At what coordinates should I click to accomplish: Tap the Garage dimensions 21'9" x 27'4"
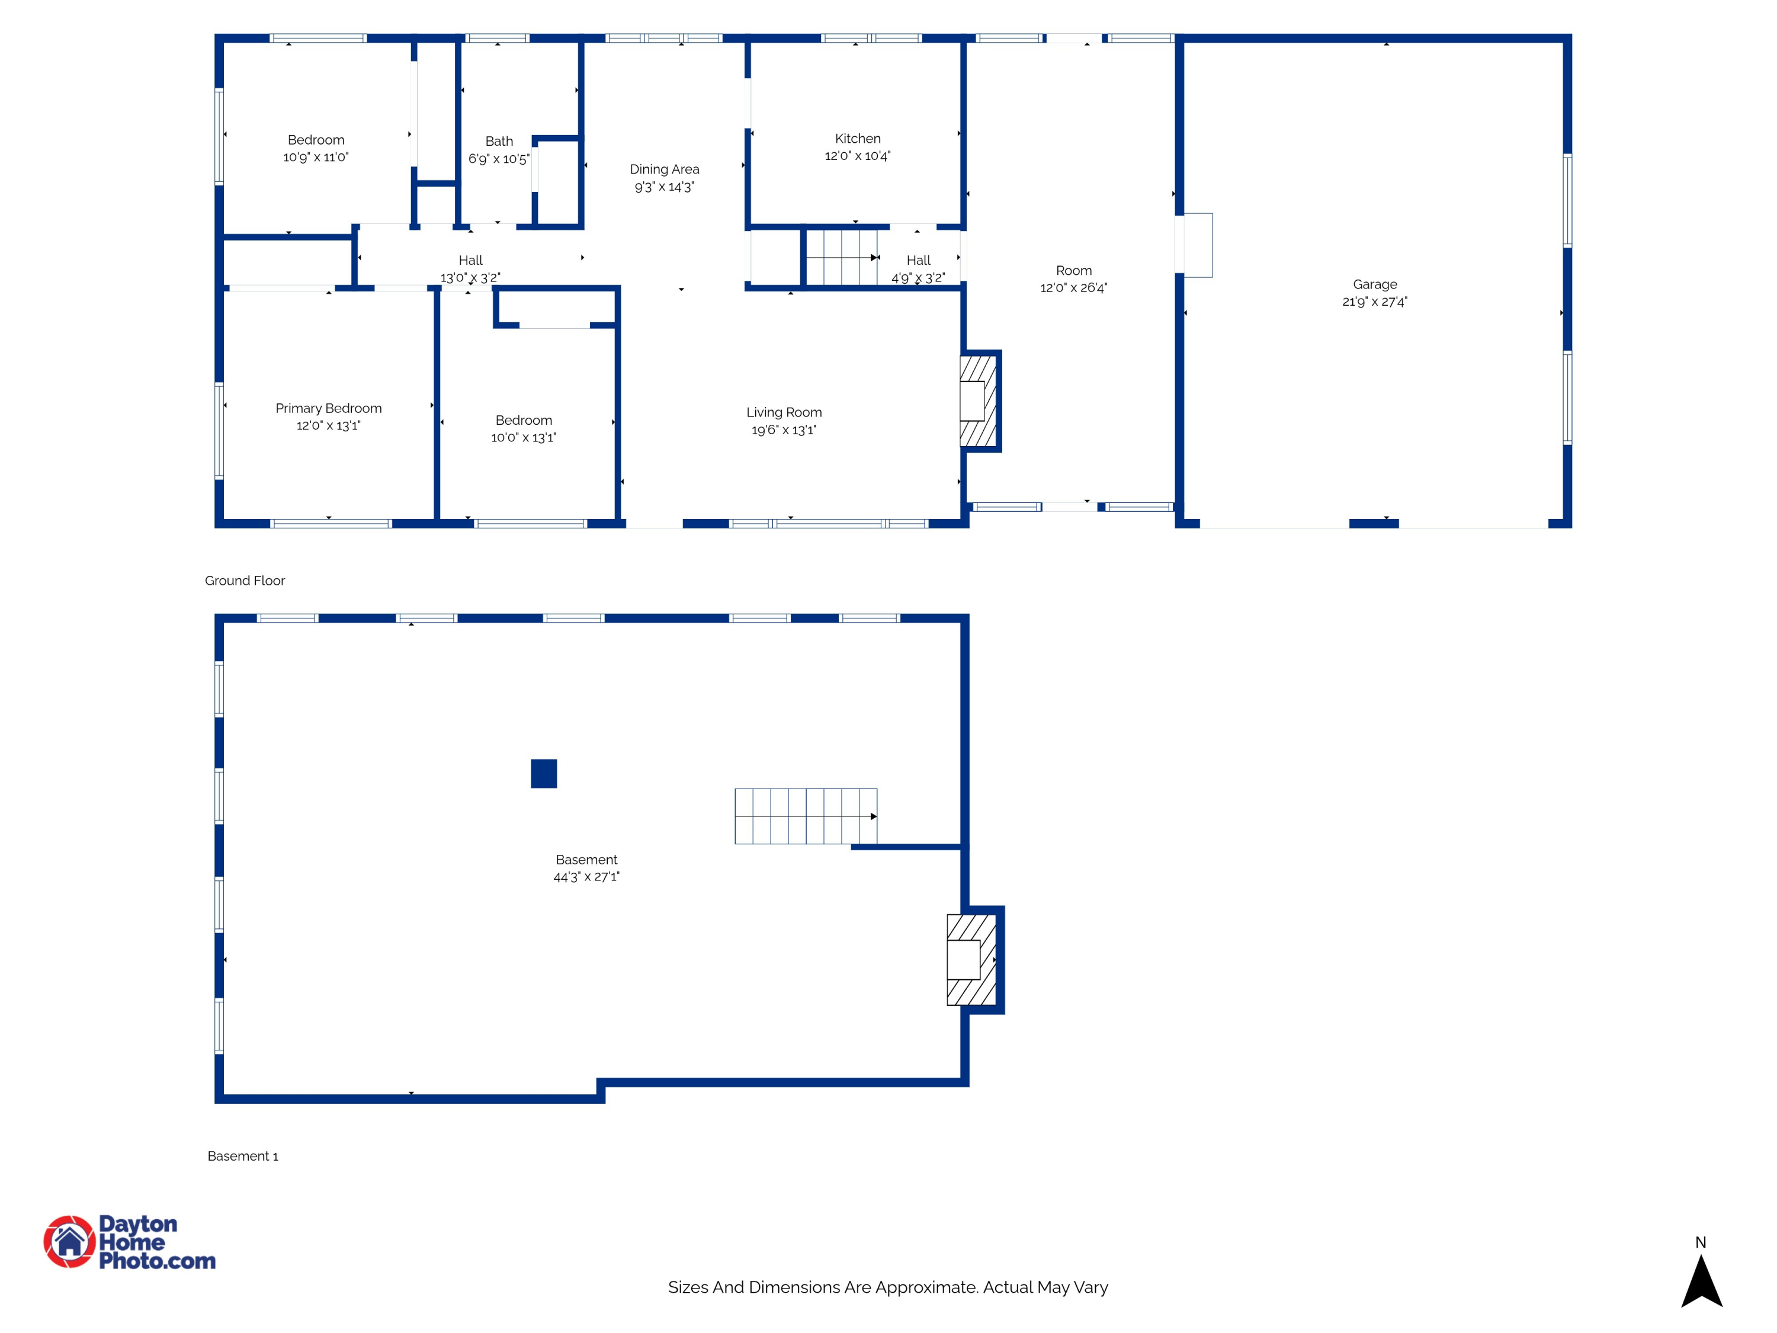[x=1375, y=302]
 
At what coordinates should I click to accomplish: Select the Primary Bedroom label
[x=329, y=408]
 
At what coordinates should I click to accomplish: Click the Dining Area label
[x=665, y=169]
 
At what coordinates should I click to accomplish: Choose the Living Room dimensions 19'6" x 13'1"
[x=783, y=430]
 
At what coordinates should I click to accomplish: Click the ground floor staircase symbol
[x=841, y=257]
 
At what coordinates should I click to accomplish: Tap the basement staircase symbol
[x=805, y=816]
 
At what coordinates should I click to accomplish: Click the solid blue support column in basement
[x=544, y=773]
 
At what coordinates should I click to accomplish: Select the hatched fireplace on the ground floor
[x=978, y=401]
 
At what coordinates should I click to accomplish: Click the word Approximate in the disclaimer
[x=926, y=1287]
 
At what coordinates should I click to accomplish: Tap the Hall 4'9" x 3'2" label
[x=918, y=269]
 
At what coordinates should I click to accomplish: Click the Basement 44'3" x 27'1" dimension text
[x=586, y=877]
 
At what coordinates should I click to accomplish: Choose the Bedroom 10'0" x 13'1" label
[x=524, y=429]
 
